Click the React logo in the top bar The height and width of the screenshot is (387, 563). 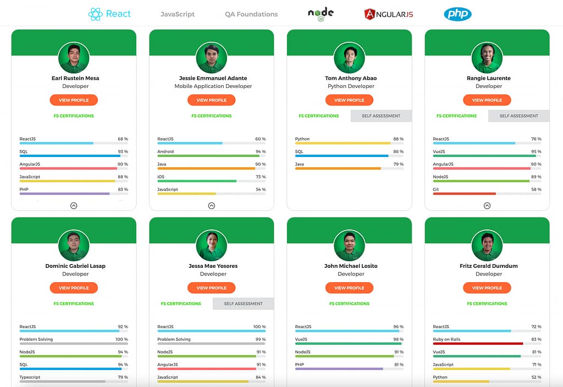tap(109, 14)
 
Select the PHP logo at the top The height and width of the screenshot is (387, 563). tap(457, 14)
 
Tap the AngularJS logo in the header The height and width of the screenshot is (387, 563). tap(388, 14)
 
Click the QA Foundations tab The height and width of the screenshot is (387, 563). tap(251, 14)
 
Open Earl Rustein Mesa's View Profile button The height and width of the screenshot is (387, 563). tap(74, 100)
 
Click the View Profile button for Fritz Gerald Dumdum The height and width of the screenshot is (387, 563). tap(487, 288)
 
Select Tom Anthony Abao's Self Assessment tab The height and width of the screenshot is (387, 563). tap(380, 116)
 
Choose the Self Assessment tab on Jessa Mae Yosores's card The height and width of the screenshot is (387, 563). tap(243, 304)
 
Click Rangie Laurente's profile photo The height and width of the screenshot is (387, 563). tap(487, 58)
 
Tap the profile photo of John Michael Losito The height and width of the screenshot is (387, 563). tap(350, 245)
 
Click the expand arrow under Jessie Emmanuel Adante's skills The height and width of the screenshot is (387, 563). tap(212, 206)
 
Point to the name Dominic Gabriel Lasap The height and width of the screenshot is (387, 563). tap(75, 266)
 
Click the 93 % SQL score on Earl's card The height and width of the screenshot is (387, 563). tap(123, 152)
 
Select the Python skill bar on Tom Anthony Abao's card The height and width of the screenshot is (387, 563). tap(343, 143)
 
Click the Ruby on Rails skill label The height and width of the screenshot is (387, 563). tap(446, 339)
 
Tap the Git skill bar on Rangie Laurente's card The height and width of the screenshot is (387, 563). tap(465, 193)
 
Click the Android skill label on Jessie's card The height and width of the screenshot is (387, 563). tap(165, 152)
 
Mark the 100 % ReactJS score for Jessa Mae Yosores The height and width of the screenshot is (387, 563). tap(259, 327)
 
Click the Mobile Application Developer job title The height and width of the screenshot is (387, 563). tap(213, 86)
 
